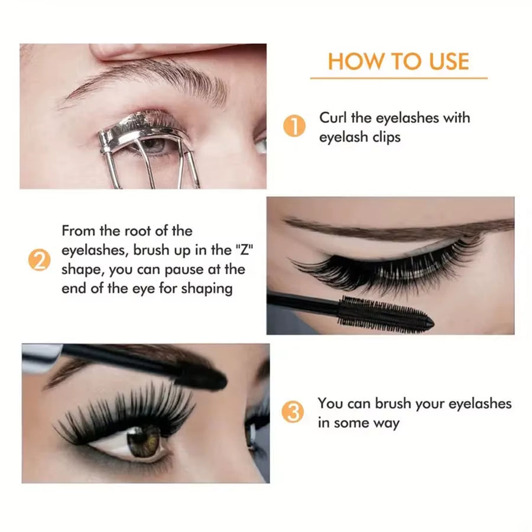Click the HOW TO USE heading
click(398, 61)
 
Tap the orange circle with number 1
click(294, 127)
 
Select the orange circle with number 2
click(39, 260)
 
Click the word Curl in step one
click(333, 118)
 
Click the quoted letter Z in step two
click(238, 250)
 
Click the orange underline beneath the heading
click(398, 78)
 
